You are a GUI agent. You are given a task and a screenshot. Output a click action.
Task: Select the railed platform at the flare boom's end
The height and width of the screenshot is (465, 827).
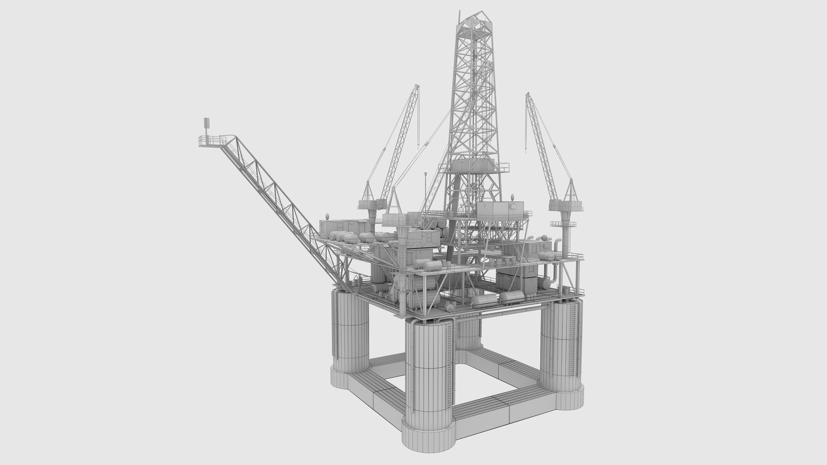212,141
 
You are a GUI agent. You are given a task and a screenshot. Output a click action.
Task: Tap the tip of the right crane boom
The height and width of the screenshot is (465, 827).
527,95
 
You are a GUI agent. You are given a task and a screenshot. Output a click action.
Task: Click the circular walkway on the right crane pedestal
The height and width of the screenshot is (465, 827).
562,224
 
